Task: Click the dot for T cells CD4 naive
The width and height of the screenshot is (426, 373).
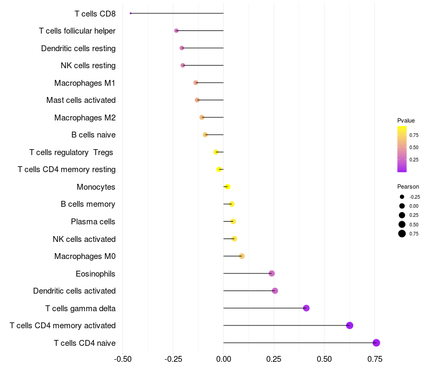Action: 376,343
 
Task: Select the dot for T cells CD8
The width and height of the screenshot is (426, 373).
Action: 130,13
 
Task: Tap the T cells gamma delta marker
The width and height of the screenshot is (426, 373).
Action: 306,308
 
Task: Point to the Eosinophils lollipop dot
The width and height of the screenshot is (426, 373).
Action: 272,273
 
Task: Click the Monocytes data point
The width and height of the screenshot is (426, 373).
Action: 227,186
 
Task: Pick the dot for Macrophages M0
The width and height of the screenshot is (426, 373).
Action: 242,256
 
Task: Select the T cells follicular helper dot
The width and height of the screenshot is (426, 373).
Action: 176,31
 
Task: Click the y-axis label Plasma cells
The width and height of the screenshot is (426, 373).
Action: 93,222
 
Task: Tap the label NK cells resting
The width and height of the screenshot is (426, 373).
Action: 88,66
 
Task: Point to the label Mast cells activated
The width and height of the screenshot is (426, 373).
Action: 81,100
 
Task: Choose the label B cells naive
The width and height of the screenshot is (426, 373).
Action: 93,135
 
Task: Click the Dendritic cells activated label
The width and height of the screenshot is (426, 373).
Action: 74,291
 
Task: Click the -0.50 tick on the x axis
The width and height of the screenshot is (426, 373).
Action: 123,359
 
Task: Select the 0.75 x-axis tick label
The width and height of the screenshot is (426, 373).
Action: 374,359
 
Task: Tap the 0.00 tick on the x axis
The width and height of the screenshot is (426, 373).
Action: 224,359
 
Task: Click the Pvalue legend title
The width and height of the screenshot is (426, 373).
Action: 406,120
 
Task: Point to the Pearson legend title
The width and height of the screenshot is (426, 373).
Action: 408,186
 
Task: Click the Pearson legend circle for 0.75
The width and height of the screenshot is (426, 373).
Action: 402,233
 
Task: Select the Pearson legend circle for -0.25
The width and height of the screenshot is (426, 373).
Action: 402,197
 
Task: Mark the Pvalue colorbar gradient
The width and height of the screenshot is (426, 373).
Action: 402,149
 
